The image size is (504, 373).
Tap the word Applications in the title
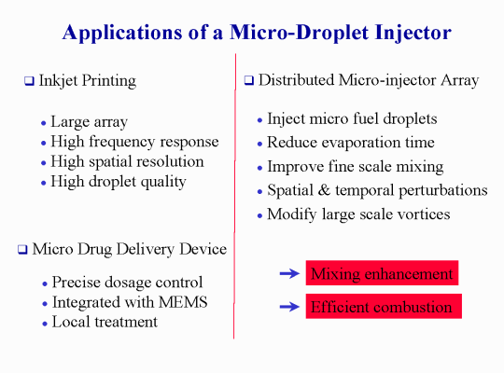tap(122, 33)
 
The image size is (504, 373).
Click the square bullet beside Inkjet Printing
tap(29, 80)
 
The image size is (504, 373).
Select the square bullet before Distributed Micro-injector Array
tap(249, 80)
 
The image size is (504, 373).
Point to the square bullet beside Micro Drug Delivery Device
tap(22, 249)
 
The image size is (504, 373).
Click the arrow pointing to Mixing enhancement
tap(289, 273)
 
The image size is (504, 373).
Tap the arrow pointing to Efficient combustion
tap(289, 307)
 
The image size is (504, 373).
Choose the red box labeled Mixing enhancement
tap(382, 273)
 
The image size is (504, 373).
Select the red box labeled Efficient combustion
tap(384, 306)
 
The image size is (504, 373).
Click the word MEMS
tap(183, 302)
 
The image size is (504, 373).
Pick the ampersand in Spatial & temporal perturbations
tap(324, 190)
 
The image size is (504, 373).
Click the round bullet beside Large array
tap(44, 123)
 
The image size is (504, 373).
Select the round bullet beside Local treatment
tap(45, 324)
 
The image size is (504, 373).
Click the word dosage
tap(128, 283)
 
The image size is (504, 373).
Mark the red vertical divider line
tap(234, 196)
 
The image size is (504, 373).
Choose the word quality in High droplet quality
tap(163, 183)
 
